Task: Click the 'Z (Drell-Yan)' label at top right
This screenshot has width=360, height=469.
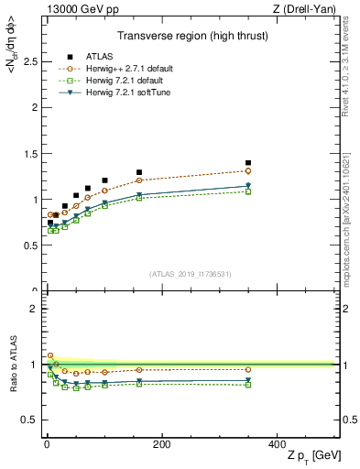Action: [308, 9]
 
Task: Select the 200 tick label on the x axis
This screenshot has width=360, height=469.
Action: [161, 444]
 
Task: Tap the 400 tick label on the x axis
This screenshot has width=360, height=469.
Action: [277, 444]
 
